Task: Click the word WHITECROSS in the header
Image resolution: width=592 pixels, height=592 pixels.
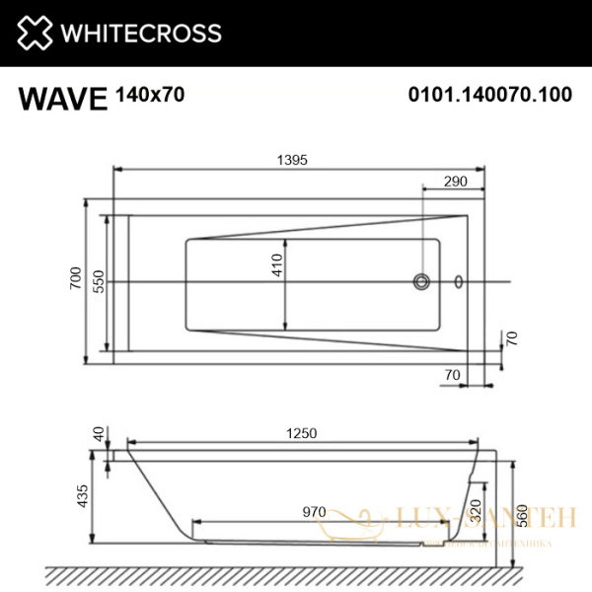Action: tap(142, 34)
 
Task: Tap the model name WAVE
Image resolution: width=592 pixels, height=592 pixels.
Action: tap(61, 99)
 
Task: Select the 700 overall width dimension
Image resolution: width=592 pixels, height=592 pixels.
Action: tap(75, 282)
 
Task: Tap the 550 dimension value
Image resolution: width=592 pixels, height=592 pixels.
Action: tap(98, 282)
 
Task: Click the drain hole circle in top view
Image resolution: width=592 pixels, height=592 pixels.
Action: tap(422, 282)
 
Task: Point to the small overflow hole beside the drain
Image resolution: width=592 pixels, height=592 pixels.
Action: tap(457, 282)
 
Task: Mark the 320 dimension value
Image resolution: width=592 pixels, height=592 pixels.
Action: tap(477, 511)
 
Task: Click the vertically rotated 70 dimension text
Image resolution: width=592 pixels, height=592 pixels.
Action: tap(511, 338)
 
